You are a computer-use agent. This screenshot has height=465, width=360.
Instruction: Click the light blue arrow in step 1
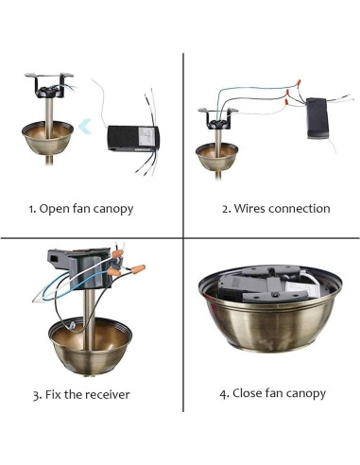pyautogui.click(x=84, y=127)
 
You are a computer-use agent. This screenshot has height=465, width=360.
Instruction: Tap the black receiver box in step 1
pyautogui.click(x=133, y=138)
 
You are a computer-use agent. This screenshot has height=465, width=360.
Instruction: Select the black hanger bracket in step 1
pyautogui.click(x=49, y=86)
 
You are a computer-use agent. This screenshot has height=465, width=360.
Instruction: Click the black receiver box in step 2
pyautogui.click(x=317, y=118)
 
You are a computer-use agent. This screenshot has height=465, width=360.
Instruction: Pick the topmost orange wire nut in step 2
pyautogui.click(x=298, y=82)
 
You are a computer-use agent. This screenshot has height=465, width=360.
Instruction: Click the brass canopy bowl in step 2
pyautogui.click(x=217, y=157)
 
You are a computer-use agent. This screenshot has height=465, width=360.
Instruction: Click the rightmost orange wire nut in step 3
pyautogui.click(x=138, y=269)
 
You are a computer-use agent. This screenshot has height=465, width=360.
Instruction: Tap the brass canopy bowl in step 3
pyautogui.click(x=90, y=347)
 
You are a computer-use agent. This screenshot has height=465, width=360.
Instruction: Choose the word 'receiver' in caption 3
pyautogui.click(x=107, y=395)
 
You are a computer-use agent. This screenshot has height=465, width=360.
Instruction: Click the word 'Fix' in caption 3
pyautogui.click(x=53, y=394)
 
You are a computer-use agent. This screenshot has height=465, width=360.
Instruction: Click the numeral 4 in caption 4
pyautogui.click(x=224, y=394)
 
